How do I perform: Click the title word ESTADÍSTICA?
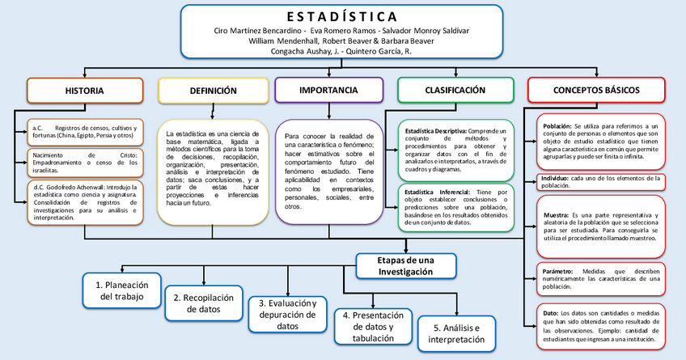tap(342, 16)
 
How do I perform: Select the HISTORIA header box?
tap(84, 90)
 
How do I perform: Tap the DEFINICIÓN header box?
tap(213, 90)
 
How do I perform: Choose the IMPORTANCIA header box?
tap(328, 89)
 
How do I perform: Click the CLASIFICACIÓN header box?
tap(455, 89)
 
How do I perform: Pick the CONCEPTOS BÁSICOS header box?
tap(596, 89)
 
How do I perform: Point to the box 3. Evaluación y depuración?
tap(287, 314)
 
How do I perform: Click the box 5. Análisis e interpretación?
tap(455, 333)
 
